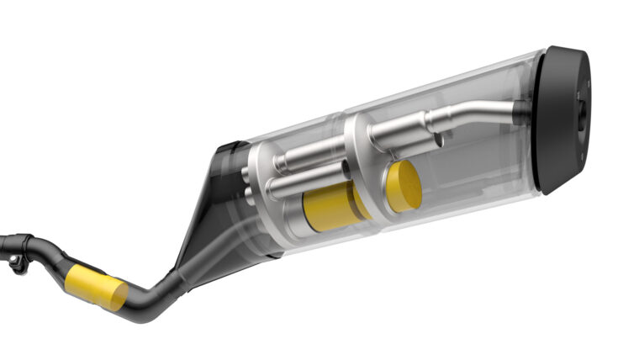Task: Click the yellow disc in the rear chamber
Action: coord(404,185)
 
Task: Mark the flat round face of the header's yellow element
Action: coord(118,294)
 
